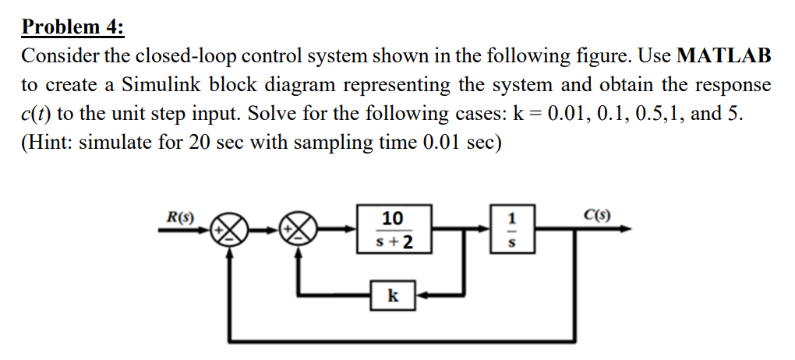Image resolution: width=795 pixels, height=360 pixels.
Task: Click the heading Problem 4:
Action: coord(72,27)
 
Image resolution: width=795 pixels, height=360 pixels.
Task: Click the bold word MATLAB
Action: coord(725,56)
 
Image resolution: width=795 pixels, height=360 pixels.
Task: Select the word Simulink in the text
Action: coord(157,84)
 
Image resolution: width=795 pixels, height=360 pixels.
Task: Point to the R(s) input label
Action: coord(182,214)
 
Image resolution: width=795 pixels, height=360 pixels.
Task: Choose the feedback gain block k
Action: coord(394,295)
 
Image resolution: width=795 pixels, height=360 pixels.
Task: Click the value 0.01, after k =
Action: coord(566,113)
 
